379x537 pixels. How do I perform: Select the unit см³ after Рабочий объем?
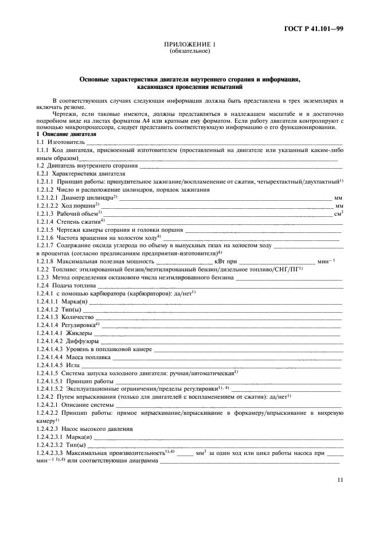pos(338,213)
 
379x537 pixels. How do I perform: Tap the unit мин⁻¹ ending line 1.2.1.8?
pos(334,261)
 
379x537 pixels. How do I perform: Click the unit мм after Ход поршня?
pos(338,205)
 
